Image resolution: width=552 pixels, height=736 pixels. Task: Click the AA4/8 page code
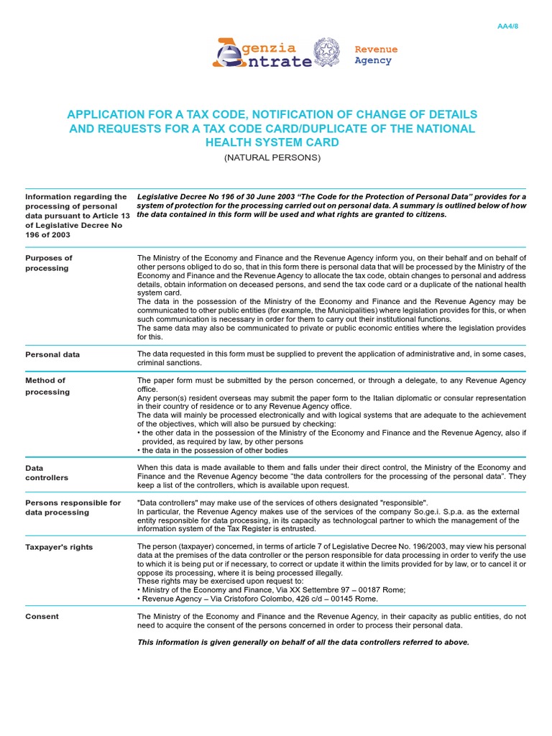tap(507, 27)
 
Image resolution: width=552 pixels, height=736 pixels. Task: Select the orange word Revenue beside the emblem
tap(376, 50)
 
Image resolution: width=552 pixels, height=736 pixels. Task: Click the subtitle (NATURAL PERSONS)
tap(272, 157)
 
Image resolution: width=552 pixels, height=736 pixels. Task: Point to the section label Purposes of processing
tap(49, 263)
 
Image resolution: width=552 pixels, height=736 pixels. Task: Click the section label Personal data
tap(52, 354)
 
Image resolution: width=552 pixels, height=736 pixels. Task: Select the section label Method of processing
tap(47, 386)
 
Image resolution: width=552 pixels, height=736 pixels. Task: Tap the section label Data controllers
tap(47, 472)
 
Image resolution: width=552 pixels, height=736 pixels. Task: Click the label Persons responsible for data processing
tap(73, 507)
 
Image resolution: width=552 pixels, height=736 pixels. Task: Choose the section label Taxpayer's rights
tap(59, 547)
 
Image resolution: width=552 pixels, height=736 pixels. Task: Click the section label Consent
tap(42, 616)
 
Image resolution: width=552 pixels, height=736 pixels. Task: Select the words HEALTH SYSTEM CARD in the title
tap(272, 142)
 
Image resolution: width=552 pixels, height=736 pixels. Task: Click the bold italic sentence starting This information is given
tap(303, 642)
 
